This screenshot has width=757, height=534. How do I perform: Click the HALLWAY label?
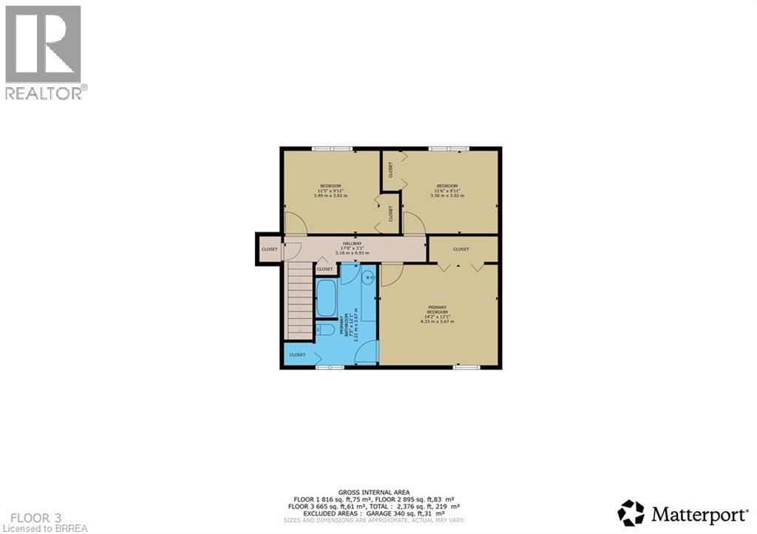[351, 242]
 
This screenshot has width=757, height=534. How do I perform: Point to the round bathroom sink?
[369, 277]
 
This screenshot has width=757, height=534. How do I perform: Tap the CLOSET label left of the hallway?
[269, 250]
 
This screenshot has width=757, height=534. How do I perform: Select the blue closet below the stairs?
[297, 355]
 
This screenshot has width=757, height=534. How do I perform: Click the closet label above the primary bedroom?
[461, 250]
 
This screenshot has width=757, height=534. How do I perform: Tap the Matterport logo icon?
[631, 513]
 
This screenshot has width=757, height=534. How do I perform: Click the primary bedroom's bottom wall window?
[466, 367]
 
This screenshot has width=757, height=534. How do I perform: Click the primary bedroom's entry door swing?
[391, 273]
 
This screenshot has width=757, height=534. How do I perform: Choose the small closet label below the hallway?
[325, 270]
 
